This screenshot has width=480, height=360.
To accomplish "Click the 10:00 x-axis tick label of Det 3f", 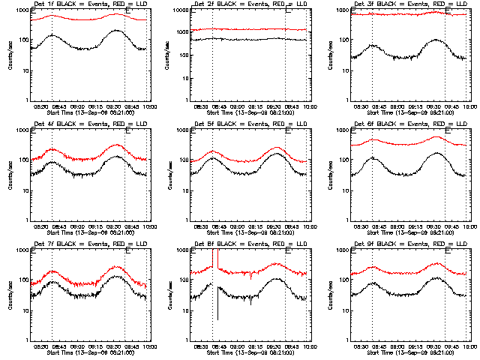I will tap(468, 106).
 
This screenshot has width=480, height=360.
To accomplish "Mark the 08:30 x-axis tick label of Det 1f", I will tap(43, 106).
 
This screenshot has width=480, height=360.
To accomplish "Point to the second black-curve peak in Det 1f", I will tap(116, 31).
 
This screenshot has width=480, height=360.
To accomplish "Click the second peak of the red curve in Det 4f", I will tap(117, 145).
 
